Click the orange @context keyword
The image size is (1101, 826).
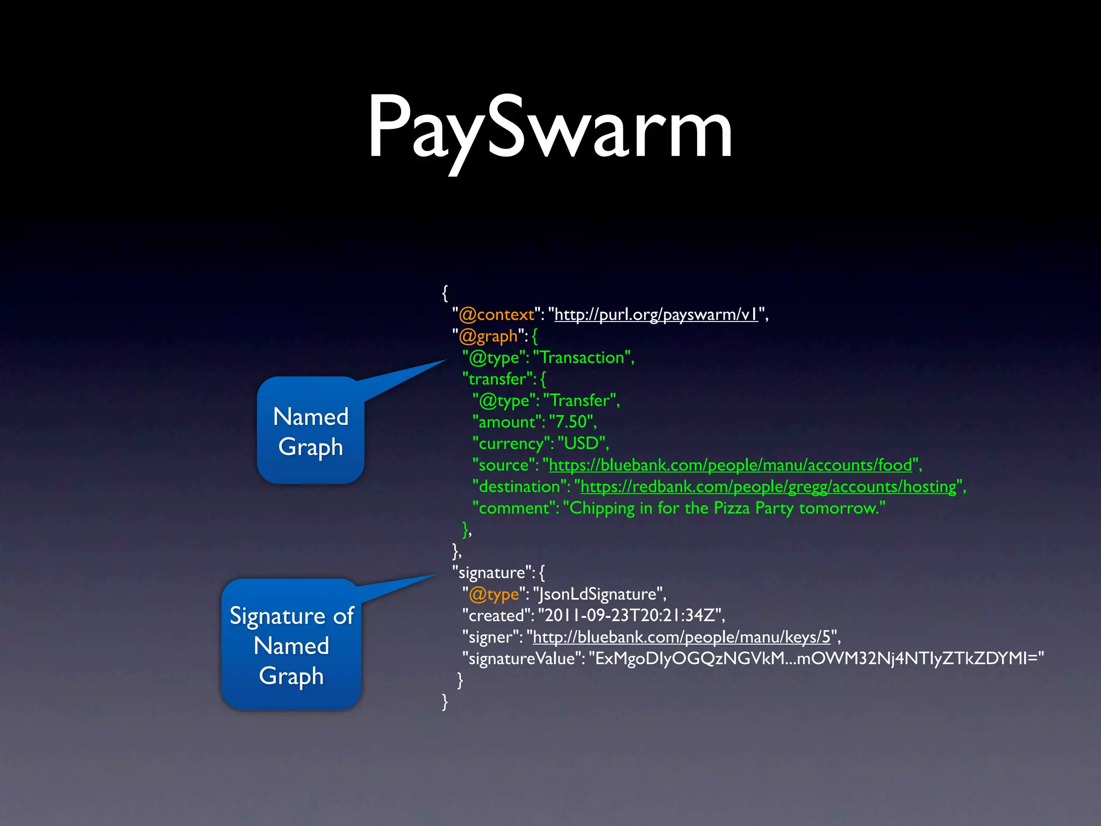click(497, 315)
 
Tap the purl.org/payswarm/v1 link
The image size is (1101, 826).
click(656, 315)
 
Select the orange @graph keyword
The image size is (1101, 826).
click(488, 336)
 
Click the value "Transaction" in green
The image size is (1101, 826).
click(583, 358)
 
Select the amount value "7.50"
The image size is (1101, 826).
click(571, 422)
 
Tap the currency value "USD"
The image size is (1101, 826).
click(582, 444)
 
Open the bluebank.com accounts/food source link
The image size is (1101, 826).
click(730, 465)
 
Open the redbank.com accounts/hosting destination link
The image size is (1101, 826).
click(769, 487)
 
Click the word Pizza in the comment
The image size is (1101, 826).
click(731, 508)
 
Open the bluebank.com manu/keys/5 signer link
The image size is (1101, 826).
click(682, 637)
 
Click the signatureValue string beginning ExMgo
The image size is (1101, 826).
click(816, 659)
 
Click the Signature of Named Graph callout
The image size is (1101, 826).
click(291, 645)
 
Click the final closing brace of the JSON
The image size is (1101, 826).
click(445, 701)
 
